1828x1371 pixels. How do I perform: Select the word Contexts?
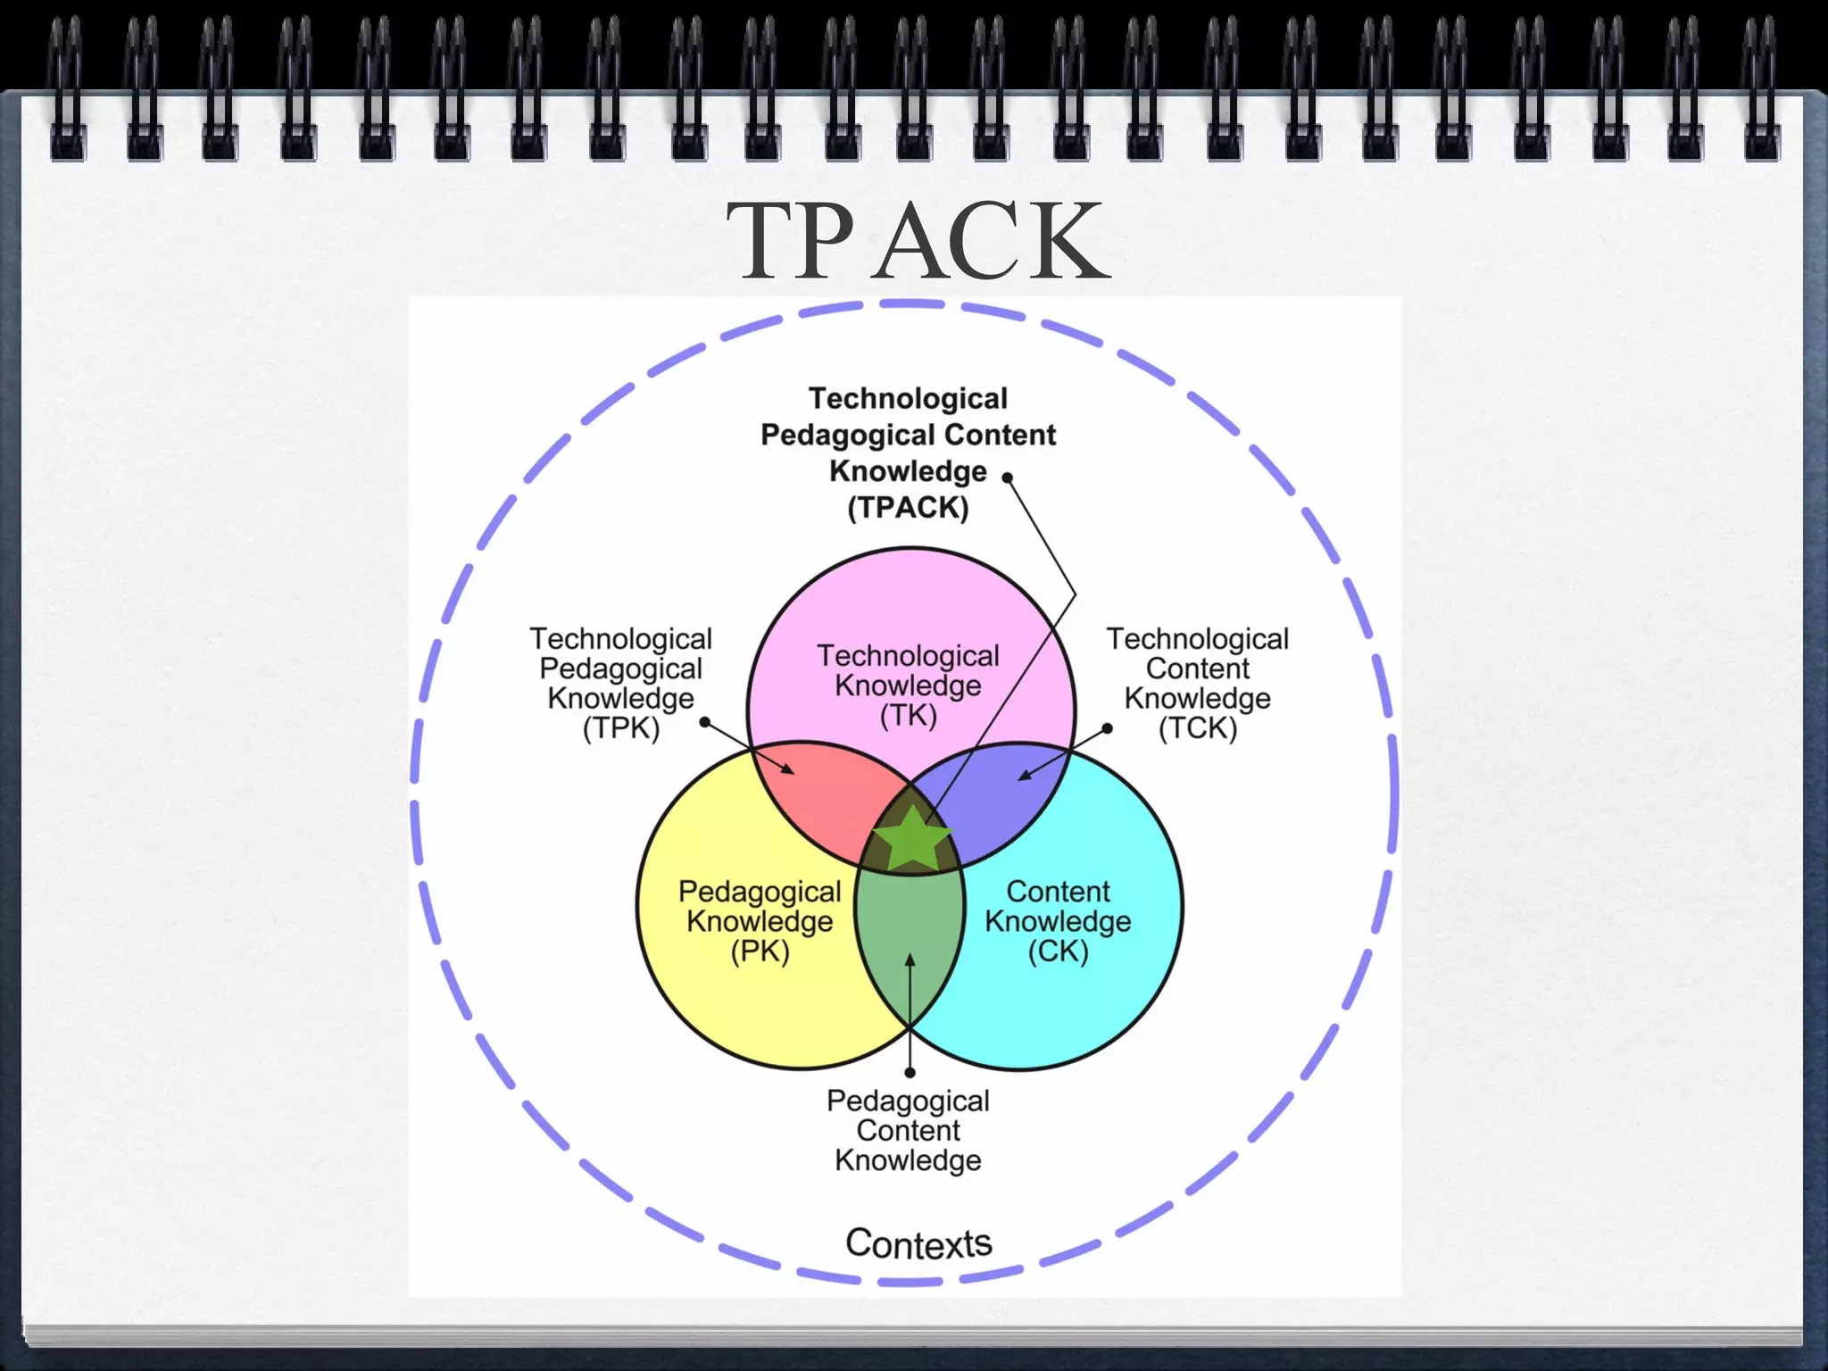click(x=918, y=1243)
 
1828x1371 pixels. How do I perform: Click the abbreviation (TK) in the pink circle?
click(x=909, y=716)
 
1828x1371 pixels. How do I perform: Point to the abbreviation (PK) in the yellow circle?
click(x=760, y=951)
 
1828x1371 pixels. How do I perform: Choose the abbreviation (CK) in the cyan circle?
click(x=1058, y=951)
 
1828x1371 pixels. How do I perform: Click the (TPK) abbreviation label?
click(x=620, y=728)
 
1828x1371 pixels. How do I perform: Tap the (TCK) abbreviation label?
click(x=1198, y=728)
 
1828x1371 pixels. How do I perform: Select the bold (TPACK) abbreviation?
click(x=908, y=508)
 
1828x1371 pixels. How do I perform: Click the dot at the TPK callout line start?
click(x=704, y=721)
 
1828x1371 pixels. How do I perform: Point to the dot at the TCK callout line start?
click(x=1107, y=728)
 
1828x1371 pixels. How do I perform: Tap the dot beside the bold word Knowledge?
click(x=1008, y=478)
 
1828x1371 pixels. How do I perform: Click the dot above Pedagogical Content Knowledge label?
click(x=910, y=1072)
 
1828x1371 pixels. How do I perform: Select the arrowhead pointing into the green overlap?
click(x=910, y=960)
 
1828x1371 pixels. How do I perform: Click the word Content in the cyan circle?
click(x=1058, y=891)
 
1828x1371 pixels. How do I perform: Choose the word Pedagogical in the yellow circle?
click(x=760, y=891)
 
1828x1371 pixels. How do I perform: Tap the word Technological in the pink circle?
click(x=909, y=656)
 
